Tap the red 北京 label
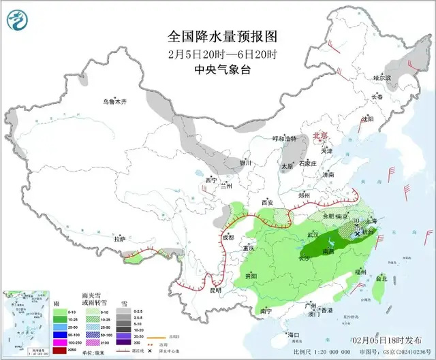click(319, 136)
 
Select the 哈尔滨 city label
click(382, 78)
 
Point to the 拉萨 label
click(120, 239)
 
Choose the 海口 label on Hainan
click(294, 335)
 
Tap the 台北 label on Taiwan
click(381, 278)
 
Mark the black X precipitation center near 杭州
click(358, 233)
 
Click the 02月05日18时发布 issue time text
click(386, 339)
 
